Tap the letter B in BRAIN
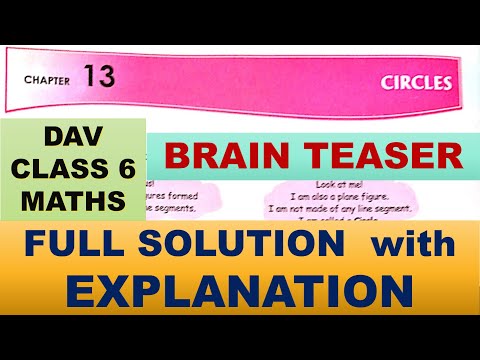[178, 156]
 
